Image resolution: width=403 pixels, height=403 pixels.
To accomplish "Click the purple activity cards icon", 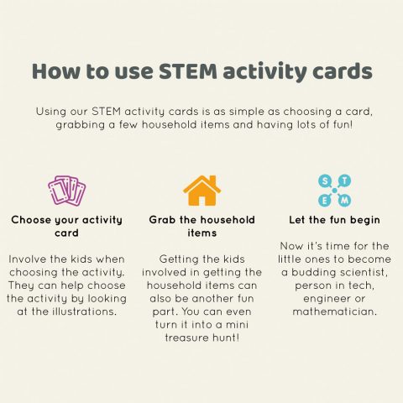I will click(x=66, y=191).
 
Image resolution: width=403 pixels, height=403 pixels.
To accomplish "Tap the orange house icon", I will click(x=201, y=191).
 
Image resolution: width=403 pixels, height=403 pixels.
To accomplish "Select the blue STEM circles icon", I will click(x=335, y=191).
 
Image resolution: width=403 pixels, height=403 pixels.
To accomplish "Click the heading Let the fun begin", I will click(x=335, y=220).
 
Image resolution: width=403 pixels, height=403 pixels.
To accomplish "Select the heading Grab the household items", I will click(x=201, y=227).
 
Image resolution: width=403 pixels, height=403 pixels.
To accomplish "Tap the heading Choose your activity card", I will click(x=66, y=227).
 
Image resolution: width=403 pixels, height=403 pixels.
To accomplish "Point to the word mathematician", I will click(x=335, y=311).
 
